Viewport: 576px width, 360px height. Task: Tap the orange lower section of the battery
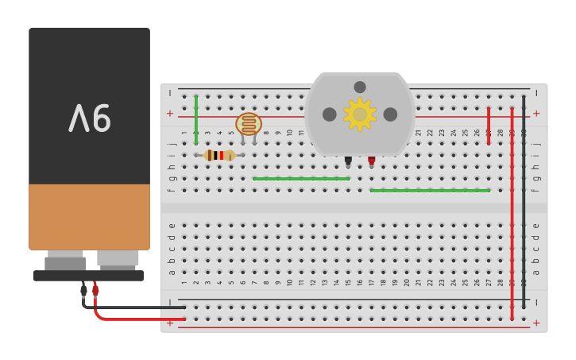pyautogui.click(x=89, y=216)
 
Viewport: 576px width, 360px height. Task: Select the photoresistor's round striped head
pyautogui.click(x=249, y=124)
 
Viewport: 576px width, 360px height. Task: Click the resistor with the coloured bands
pyautogui.click(x=219, y=155)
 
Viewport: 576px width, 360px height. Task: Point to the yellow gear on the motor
pyautogui.click(x=360, y=114)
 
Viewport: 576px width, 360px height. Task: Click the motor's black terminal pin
pyautogui.click(x=348, y=161)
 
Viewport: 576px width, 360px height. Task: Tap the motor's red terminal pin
pyautogui.click(x=371, y=161)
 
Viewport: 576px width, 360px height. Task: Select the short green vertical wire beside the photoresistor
pyautogui.click(x=196, y=120)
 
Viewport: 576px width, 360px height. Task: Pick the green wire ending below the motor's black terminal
pyautogui.click(x=301, y=179)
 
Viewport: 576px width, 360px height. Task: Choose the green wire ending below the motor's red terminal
pyautogui.click(x=429, y=191)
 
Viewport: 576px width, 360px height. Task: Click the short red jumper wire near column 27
pyautogui.click(x=489, y=126)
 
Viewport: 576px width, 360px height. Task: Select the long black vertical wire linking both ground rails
pyautogui.click(x=524, y=202)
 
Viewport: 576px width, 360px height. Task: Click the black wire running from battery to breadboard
pyautogui.click(x=135, y=307)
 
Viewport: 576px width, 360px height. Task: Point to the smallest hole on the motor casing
pyautogui.click(x=360, y=87)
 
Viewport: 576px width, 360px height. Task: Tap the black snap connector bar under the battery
pyautogui.click(x=88, y=276)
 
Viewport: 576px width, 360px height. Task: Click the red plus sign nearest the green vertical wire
pyautogui.click(x=169, y=114)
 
